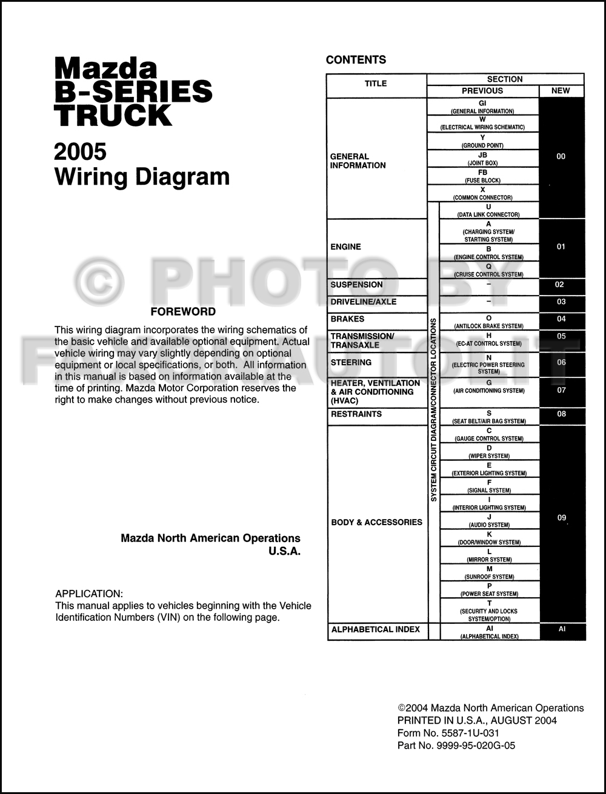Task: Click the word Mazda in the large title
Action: (105, 68)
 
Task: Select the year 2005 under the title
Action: (80, 151)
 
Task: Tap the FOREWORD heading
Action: (183, 312)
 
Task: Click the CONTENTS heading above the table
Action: (356, 60)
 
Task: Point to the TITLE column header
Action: (376, 84)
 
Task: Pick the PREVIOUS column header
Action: (482, 91)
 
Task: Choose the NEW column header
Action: (561, 91)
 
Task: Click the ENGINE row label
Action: (345, 247)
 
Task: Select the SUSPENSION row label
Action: (356, 285)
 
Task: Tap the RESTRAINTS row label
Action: (356, 414)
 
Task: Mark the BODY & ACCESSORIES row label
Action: (376, 522)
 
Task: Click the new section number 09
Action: (562, 518)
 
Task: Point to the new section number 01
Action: (561, 247)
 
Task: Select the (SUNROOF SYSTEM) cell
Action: (489, 573)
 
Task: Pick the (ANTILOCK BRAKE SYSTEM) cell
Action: (488, 322)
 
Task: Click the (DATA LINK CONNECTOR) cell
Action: (488, 211)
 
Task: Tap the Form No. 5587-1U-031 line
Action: (448, 733)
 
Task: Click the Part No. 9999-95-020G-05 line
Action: (456, 746)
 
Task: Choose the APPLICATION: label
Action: (89, 594)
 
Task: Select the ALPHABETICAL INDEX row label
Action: (376, 630)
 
